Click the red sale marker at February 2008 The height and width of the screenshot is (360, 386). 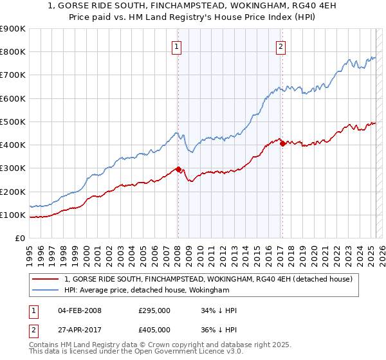(x=178, y=170)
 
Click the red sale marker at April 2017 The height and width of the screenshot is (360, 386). (x=282, y=144)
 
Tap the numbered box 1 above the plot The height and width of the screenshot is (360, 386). (x=176, y=46)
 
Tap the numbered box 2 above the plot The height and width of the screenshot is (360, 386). (x=282, y=46)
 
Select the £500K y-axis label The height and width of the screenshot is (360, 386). (x=13, y=122)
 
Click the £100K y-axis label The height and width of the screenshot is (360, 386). (x=13, y=215)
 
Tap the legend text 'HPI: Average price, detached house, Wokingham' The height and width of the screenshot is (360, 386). (x=147, y=291)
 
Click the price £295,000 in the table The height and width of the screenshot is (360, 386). (x=154, y=310)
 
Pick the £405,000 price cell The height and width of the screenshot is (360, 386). (x=154, y=329)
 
